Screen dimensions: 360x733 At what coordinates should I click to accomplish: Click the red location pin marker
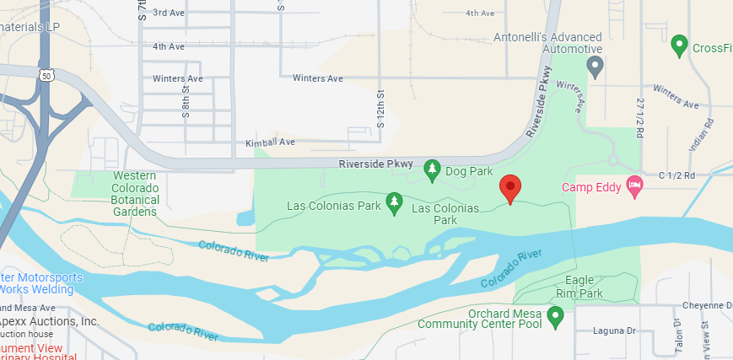[x=509, y=188]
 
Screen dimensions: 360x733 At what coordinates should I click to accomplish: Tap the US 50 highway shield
[x=46, y=75]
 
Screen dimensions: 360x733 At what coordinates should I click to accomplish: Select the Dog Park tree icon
[x=432, y=170]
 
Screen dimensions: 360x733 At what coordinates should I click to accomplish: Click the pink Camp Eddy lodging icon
[x=635, y=185]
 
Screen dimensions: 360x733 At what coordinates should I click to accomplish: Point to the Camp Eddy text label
[x=591, y=186]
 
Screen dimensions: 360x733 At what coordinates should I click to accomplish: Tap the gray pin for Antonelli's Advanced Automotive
[x=596, y=66]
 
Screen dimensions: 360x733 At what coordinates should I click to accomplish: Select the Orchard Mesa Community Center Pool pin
[x=555, y=316]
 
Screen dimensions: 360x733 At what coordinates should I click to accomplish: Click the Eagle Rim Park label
[x=584, y=287]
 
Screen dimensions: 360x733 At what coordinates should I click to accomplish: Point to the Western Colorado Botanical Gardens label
[x=134, y=194]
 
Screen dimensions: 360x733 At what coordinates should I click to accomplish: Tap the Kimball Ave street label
[x=270, y=142]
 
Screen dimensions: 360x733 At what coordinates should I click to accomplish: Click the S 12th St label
[x=380, y=110]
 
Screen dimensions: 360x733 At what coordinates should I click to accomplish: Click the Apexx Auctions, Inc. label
[x=50, y=322]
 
